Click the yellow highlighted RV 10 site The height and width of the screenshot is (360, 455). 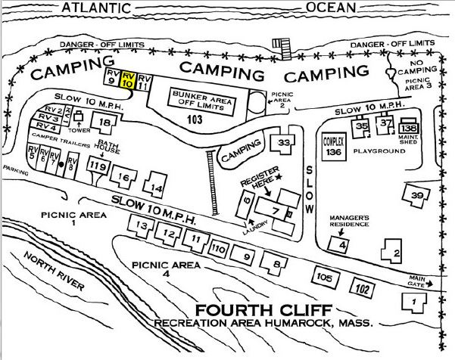point(129,82)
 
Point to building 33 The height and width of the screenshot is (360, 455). point(284,143)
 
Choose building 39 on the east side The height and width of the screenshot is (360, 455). point(416,195)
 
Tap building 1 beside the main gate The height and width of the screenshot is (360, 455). point(413,302)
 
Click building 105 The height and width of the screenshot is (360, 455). point(325,278)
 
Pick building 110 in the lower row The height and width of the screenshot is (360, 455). point(219,248)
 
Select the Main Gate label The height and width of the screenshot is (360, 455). point(420,279)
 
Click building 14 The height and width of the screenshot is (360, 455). point(155,187)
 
